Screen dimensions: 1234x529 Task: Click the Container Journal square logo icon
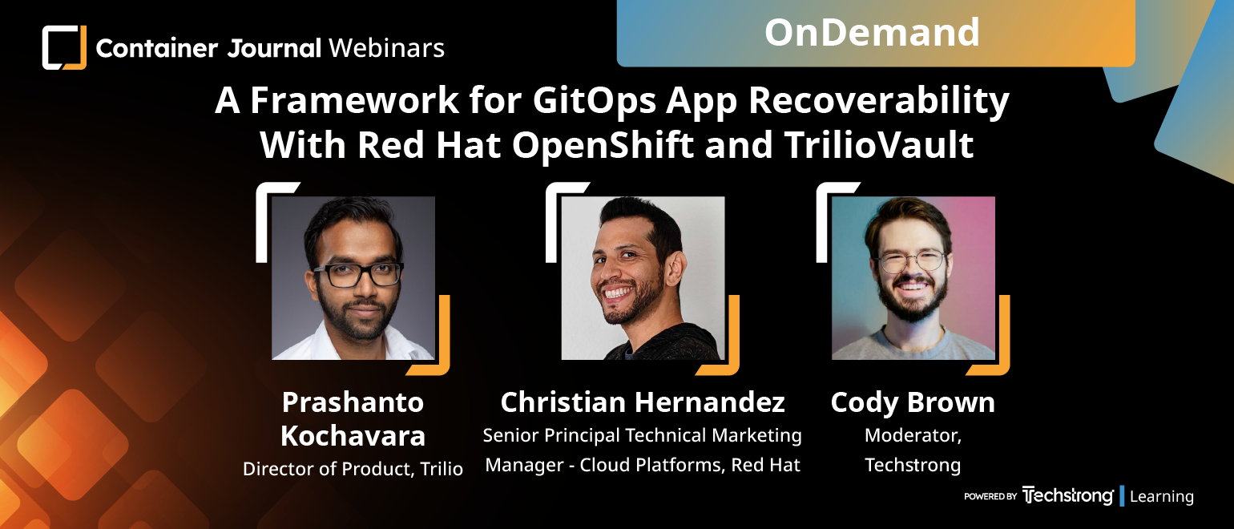point(64,47)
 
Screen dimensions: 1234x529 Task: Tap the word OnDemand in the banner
point(872,33)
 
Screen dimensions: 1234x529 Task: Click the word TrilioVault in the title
point(879,145)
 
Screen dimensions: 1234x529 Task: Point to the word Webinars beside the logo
point(387,48)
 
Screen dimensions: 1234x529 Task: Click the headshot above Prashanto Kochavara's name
point(353,278)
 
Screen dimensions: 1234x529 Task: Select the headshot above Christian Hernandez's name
point(643,278)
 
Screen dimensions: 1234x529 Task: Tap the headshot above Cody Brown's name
point(913,278)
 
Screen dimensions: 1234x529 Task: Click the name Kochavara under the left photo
point(353,436)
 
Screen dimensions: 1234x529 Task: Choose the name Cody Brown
point(913,403)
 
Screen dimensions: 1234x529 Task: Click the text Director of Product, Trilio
point(353,469)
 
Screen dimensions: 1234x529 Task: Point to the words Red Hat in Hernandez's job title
point(765,465)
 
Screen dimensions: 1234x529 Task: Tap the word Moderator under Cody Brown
point(912,436)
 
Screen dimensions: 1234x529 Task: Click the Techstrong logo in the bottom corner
point(1067,495)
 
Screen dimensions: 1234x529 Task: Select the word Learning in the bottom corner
point(1162,497)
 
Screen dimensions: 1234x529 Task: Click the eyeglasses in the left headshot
point(358,274)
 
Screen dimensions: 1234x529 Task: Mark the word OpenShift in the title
point(603,146)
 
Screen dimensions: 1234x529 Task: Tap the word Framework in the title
point(355,100)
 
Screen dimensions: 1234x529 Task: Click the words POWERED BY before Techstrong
point(990,496)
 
